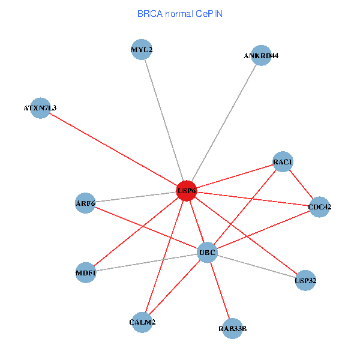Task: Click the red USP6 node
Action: (x=187, y=191)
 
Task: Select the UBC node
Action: (x=207, y=253)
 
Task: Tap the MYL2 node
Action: (x=142, y=49)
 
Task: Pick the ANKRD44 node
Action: (x=261, y=55)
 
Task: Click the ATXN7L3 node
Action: (x=40, y=108)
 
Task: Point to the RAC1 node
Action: (x=283, y=161)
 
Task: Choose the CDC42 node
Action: (x=319, y=207)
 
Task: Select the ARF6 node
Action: (x=85, y=203)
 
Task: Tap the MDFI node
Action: (x=86, y=272)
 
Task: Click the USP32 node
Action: (x=305, y=280)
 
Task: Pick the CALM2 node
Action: (x=142, y=322)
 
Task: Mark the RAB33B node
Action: (x=232, y=329)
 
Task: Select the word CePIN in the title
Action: (x=209, y=14)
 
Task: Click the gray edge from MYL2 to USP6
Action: (x=164, y=120)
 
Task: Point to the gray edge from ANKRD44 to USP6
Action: (x=224, y=123)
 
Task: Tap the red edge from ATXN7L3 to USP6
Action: (x=113, y=149)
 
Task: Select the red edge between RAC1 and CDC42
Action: (x=301, y=184)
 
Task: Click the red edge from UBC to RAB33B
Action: (x=220, y=290)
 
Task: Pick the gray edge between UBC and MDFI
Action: (x=146, y=262)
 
